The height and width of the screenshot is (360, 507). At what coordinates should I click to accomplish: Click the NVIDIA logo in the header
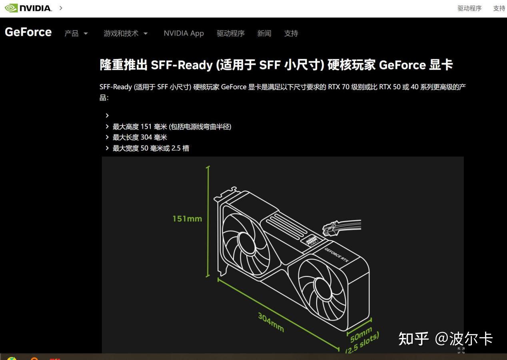[x=28, y=8]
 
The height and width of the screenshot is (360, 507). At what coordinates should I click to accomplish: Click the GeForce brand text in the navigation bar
[x=28, y=32]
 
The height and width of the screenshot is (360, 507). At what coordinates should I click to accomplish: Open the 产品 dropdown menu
[x=76, y=34]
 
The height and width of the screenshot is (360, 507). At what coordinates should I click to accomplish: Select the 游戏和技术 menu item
[x=126, y=34]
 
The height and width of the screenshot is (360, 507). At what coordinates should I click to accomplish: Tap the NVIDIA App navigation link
[x=184, y=33]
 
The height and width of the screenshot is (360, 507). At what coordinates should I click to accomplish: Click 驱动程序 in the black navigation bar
[x=231, y=34]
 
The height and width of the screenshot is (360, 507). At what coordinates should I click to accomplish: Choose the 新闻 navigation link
[x=264, y=34]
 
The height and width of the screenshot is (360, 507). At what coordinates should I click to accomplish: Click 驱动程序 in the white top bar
[x=469, y=8]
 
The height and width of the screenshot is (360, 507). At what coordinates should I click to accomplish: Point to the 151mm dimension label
[x=187, y=219]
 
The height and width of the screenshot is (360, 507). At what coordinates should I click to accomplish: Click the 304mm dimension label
[x=271, y=322]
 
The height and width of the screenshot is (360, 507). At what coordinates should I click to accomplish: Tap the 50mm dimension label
[x=361, y=335]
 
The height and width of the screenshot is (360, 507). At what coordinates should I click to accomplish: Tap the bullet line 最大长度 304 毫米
[x=140, y=137]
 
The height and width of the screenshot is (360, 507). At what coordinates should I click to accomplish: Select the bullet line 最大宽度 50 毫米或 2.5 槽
[x=151, y=148]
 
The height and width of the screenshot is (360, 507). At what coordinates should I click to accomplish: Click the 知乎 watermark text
[x=413, y=339]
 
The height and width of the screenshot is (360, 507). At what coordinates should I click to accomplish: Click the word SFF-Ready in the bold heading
[x=182, y=65]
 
